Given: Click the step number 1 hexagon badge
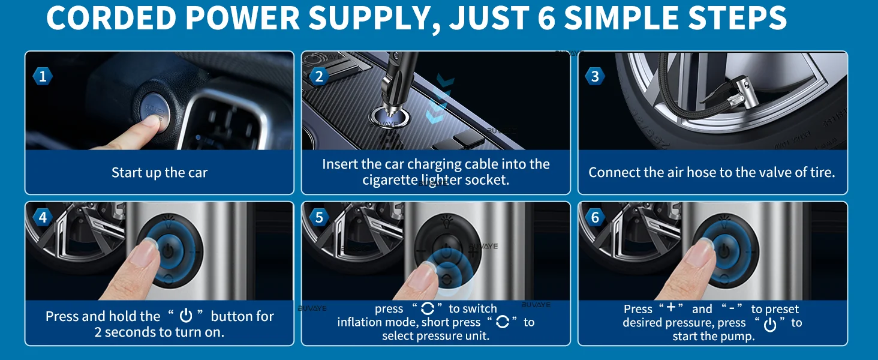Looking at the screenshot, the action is pos(43,76).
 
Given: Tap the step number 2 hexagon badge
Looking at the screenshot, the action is pos(319,76).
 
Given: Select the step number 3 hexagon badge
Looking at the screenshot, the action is pos(595,76).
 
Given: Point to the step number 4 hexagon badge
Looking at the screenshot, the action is pos(43,217).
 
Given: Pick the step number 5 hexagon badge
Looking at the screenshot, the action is pos(319,217).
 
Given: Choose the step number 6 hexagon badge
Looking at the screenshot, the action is pos(595,217).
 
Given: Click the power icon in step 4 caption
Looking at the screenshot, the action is pos(186,316).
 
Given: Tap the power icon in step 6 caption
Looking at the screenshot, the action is pos(770,325).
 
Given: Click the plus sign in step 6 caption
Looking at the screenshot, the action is pos(671,307).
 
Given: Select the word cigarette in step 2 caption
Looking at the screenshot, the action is pos(390,180).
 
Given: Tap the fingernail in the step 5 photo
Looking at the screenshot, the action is pos(428,269).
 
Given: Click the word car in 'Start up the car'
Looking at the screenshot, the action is pos(196,173).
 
